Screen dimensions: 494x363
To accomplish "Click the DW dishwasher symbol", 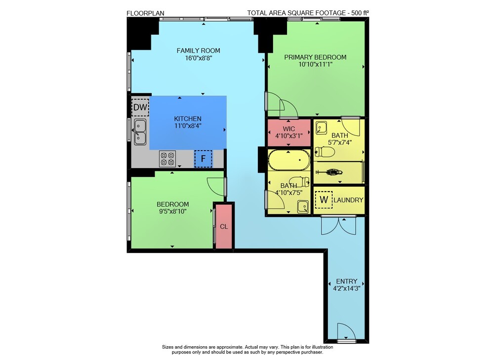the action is click(x=140, y=107).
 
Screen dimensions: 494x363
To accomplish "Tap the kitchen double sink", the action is click(x=140, y=132).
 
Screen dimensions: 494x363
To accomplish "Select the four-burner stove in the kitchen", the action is click(x=167, y=159).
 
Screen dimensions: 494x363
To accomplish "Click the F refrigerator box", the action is click(x=203, y=159).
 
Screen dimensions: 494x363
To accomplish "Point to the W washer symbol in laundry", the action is click(x=324, y=200).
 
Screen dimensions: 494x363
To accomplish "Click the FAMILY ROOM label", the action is click(x=198, y=50).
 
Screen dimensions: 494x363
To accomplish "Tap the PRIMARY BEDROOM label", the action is click(x=315, y=57).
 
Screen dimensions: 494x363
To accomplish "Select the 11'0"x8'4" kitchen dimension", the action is click(x=188, y=126).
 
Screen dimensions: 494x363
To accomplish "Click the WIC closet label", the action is click(x=289, y=128).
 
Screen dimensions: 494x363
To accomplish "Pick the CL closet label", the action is click(x=224, y=227).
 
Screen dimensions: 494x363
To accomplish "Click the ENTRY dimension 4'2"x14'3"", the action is click(x=347, y=288).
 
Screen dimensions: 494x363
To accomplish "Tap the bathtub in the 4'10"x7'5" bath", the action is click(x=289, y=160).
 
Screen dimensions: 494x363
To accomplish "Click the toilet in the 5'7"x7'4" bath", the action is click(x=325, y=152).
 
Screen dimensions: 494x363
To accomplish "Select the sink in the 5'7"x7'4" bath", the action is click(x=321, y=128).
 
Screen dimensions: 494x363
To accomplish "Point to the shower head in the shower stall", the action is click(x=330, y=172).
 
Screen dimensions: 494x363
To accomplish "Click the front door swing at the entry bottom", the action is click(x=346, y=331).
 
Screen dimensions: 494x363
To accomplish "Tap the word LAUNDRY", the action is click(x=348, y=200).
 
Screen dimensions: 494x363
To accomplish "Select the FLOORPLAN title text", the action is click(x=145, y=13).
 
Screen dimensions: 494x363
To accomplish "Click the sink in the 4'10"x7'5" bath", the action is click(x=303, y=207).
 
